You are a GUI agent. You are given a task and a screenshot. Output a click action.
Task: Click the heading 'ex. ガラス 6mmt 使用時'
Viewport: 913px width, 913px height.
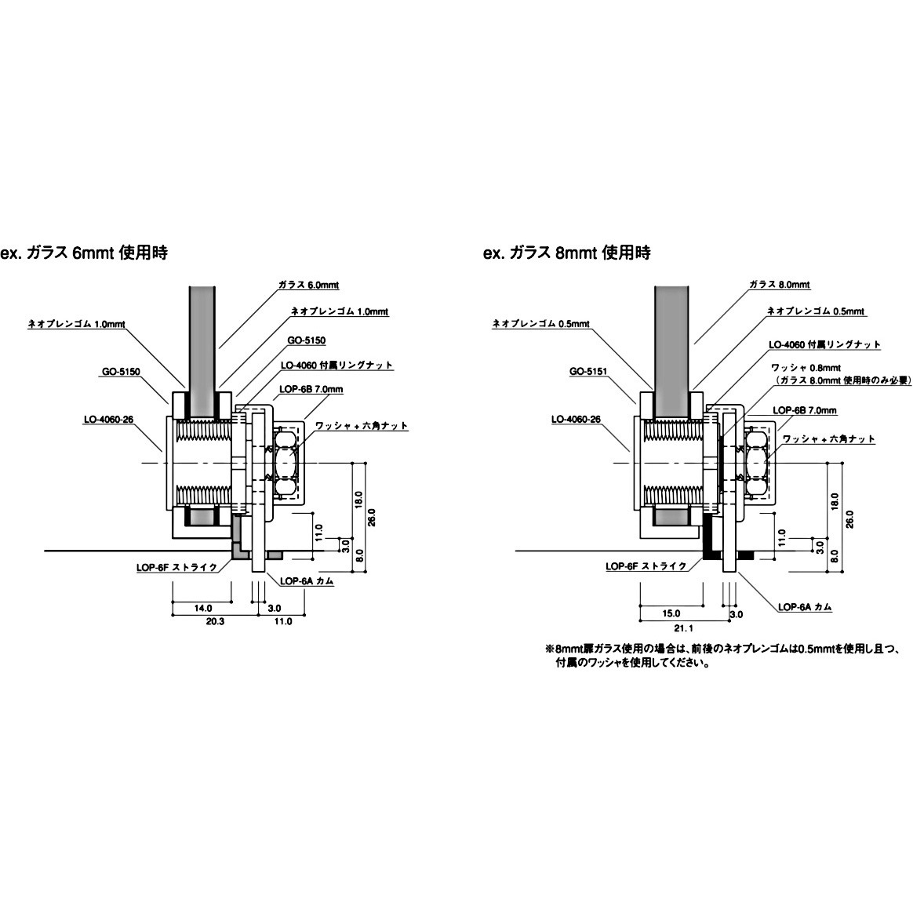[84, 253]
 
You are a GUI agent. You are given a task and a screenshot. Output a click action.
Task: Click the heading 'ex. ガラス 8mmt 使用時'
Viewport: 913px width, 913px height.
[566, 253]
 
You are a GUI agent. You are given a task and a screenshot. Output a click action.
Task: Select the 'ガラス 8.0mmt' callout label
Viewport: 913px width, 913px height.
[779, 285]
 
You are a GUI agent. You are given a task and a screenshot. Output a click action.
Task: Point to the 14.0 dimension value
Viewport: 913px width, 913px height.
[203, 609]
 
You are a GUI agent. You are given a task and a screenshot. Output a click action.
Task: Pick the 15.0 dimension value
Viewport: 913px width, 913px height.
[671, 613]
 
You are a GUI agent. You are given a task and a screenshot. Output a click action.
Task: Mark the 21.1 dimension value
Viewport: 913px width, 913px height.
[682, 628]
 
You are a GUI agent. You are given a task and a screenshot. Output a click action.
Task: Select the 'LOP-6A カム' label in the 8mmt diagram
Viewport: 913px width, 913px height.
[805, 606]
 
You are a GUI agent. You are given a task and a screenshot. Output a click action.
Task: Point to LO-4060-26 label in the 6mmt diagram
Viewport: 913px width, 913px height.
[109, 420]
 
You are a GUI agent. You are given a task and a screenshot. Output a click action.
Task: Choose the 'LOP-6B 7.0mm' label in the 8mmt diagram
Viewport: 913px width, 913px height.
[805, 410]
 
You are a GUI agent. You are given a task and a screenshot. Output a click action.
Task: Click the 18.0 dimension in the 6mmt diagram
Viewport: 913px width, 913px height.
[358, 500]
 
